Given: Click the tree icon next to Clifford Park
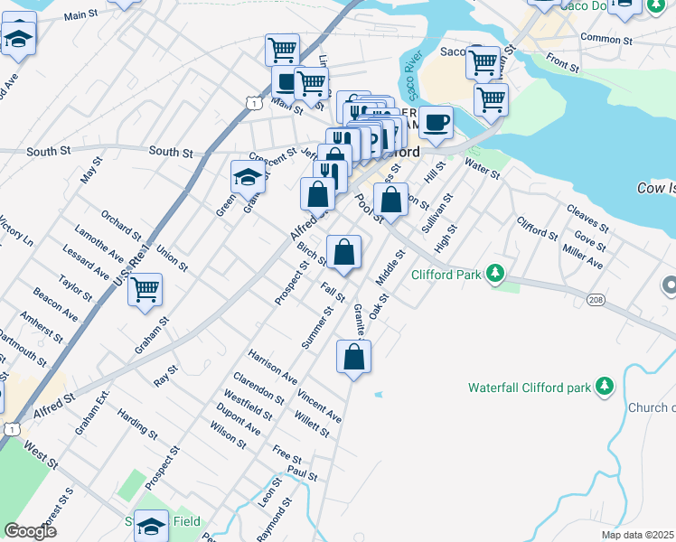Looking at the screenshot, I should click(494, 273).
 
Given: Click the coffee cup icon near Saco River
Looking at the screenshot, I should click(436, 122).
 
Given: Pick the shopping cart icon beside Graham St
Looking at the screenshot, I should click(145, 289).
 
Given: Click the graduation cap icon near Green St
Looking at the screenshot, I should click(247, 176).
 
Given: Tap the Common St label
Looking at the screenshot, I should click(606, 39).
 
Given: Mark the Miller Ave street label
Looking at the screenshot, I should click(582, 257).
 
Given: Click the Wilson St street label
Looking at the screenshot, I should click(228, 435).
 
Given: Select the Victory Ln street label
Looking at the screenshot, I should click(15, 231).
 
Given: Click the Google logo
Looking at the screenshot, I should click(30, 531).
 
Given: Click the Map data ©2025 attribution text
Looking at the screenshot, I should click(636, 535).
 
